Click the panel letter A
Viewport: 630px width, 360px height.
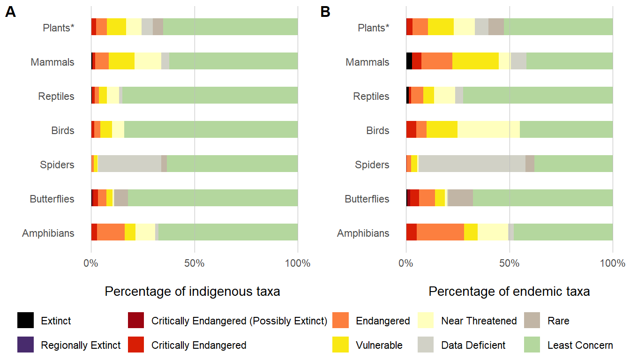pyautogui.click(x=10, y=13)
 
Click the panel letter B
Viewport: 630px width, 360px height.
pyautogui.click(x=325, y=13)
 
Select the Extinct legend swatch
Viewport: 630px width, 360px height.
pyautogui.click(x=25, y=321)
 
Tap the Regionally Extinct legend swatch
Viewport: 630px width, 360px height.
pyautogui.click(x=25, y=345)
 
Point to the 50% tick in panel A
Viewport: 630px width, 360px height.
pyautogui.click(x=195, y=263)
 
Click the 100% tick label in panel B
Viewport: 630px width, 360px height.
pyautogui.click(x=613, y=263)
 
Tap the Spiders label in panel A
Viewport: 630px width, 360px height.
pyautogui.click(x=57, y=165)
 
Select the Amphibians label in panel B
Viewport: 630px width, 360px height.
pyautogui.click(x=363, y=233)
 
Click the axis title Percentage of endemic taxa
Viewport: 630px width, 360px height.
pyautogui.click(x=509, y=292)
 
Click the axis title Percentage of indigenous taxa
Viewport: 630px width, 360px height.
pyautogui.click(x=192, y=292)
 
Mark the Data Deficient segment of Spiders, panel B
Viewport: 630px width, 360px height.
pyautogui.click(x=472, y=165)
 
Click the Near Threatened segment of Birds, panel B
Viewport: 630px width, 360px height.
pyautogui.click(x=488, y=130)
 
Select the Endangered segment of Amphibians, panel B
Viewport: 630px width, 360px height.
pyautogui.click(x=440, y=233)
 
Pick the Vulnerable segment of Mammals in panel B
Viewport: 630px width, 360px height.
pyautogui.click(x=475, y=62)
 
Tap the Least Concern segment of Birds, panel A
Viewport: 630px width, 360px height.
pyautogui.click(x=211, y=130)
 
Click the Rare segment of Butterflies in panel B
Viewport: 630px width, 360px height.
pyautogui.click(x=460, y=199)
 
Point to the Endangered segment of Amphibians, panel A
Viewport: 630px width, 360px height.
pyautogui.click(x=111, y=233)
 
